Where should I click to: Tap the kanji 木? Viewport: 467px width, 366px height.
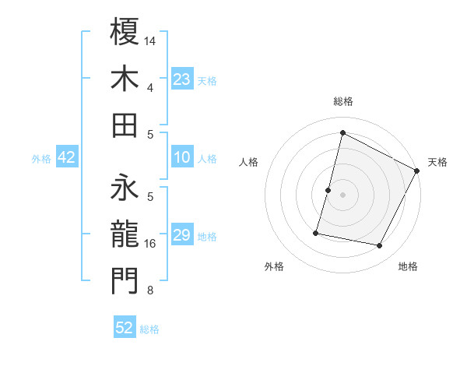click(125, 78)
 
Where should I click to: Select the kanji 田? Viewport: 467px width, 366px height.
click(125, 125)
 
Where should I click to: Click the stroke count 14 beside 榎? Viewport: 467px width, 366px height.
click(151, 40)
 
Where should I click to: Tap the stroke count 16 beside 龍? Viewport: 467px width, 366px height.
click(151, 244)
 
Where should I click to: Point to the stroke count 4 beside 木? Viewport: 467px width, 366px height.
click(150, 87)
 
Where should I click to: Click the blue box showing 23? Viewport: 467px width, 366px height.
click(181, 79)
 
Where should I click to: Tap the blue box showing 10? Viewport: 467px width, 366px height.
click(181, 158)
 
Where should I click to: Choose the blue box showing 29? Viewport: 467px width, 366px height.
click(181, 235)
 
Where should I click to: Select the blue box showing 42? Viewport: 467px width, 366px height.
click(67, 158)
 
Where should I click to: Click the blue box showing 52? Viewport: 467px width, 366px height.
click(125, 329)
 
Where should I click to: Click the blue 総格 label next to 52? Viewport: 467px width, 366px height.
click(149, 329)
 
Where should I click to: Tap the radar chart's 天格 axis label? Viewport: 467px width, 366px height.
click(437, 162)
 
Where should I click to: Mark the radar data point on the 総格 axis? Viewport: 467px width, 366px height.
click(342, 132)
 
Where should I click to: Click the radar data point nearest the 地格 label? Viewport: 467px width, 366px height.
click(380, 246)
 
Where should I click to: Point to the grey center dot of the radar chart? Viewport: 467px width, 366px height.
click(342, 195)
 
